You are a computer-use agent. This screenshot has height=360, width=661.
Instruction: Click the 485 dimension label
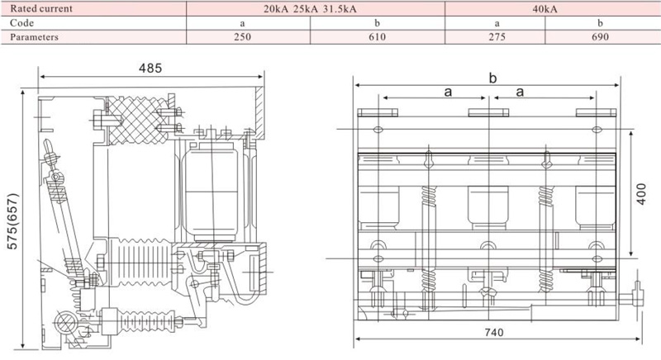click(150, 69)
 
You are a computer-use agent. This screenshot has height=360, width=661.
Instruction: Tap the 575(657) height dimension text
click(12, 221)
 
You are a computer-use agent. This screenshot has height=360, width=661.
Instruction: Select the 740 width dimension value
click(493, 333)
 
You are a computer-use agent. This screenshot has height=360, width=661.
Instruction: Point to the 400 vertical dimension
click(641, 194)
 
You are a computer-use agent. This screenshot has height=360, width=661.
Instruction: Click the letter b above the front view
click(492, 78)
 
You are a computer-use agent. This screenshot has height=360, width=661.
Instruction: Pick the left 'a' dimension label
click(448, 92)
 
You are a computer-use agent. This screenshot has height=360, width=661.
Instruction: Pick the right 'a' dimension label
click(520, 92)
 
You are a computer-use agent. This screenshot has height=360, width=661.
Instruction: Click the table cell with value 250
click(242, 37)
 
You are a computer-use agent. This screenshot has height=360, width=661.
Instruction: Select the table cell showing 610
click(378, 37)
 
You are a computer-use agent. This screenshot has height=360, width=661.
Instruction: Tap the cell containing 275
click(497, 37)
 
